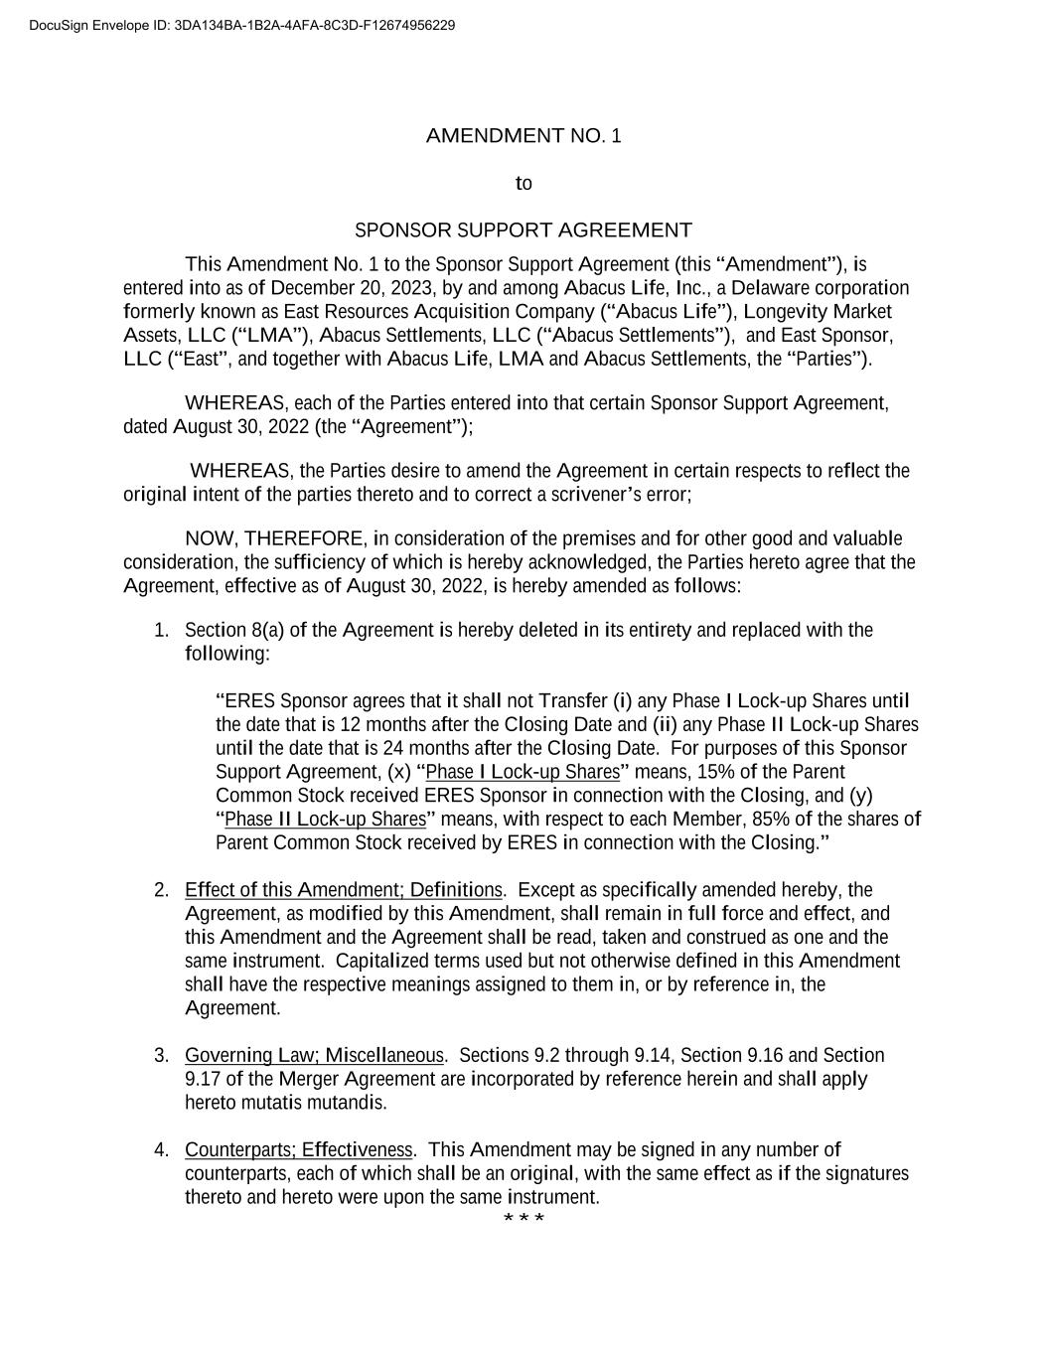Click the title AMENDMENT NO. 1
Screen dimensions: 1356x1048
524,136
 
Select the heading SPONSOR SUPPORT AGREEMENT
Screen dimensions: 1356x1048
524,230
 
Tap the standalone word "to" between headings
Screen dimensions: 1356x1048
524,184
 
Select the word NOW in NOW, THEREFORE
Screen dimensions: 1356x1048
210,538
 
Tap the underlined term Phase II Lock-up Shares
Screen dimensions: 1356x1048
325,819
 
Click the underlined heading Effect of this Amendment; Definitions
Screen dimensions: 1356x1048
343,889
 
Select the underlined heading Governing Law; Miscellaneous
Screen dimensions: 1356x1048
314,1055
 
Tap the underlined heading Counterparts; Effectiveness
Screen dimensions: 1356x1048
298,1149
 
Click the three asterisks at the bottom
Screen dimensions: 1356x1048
524,1218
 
